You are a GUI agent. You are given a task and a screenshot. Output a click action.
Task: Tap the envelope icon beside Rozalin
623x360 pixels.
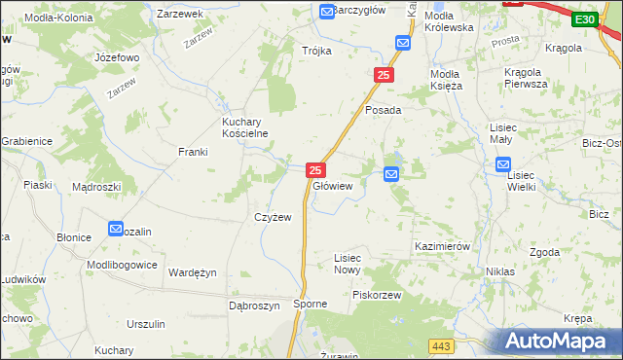pos(116,229)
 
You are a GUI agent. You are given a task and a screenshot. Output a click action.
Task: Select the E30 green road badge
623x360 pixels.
pos(583,18)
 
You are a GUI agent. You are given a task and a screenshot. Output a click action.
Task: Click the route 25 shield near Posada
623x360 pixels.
pos(385,75)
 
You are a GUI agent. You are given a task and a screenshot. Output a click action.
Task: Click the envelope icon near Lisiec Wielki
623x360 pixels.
pos(515,165)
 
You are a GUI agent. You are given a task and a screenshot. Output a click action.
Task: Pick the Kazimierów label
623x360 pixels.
pos(443,246)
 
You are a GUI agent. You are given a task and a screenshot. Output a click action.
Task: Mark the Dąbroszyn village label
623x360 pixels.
pos(254,305)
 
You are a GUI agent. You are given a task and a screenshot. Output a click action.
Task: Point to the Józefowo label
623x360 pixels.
pos(117,57)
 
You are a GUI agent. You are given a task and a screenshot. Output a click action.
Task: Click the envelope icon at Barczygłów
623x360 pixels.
pos(327,11)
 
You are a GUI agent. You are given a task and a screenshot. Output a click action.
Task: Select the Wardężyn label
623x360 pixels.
pos(192,272)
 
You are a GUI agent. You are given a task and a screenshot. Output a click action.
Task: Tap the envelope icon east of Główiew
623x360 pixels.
pos(391,174)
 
